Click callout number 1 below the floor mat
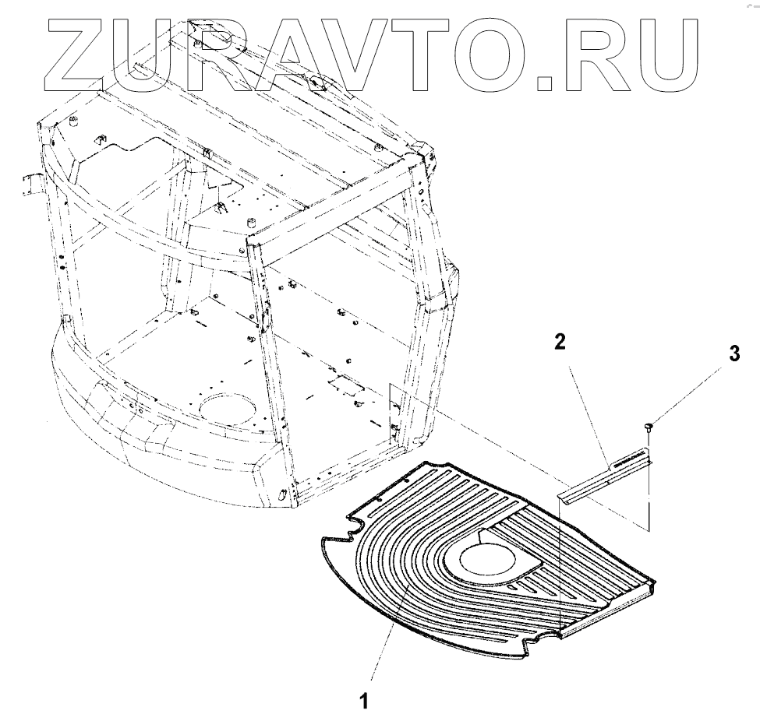[362, 701]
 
